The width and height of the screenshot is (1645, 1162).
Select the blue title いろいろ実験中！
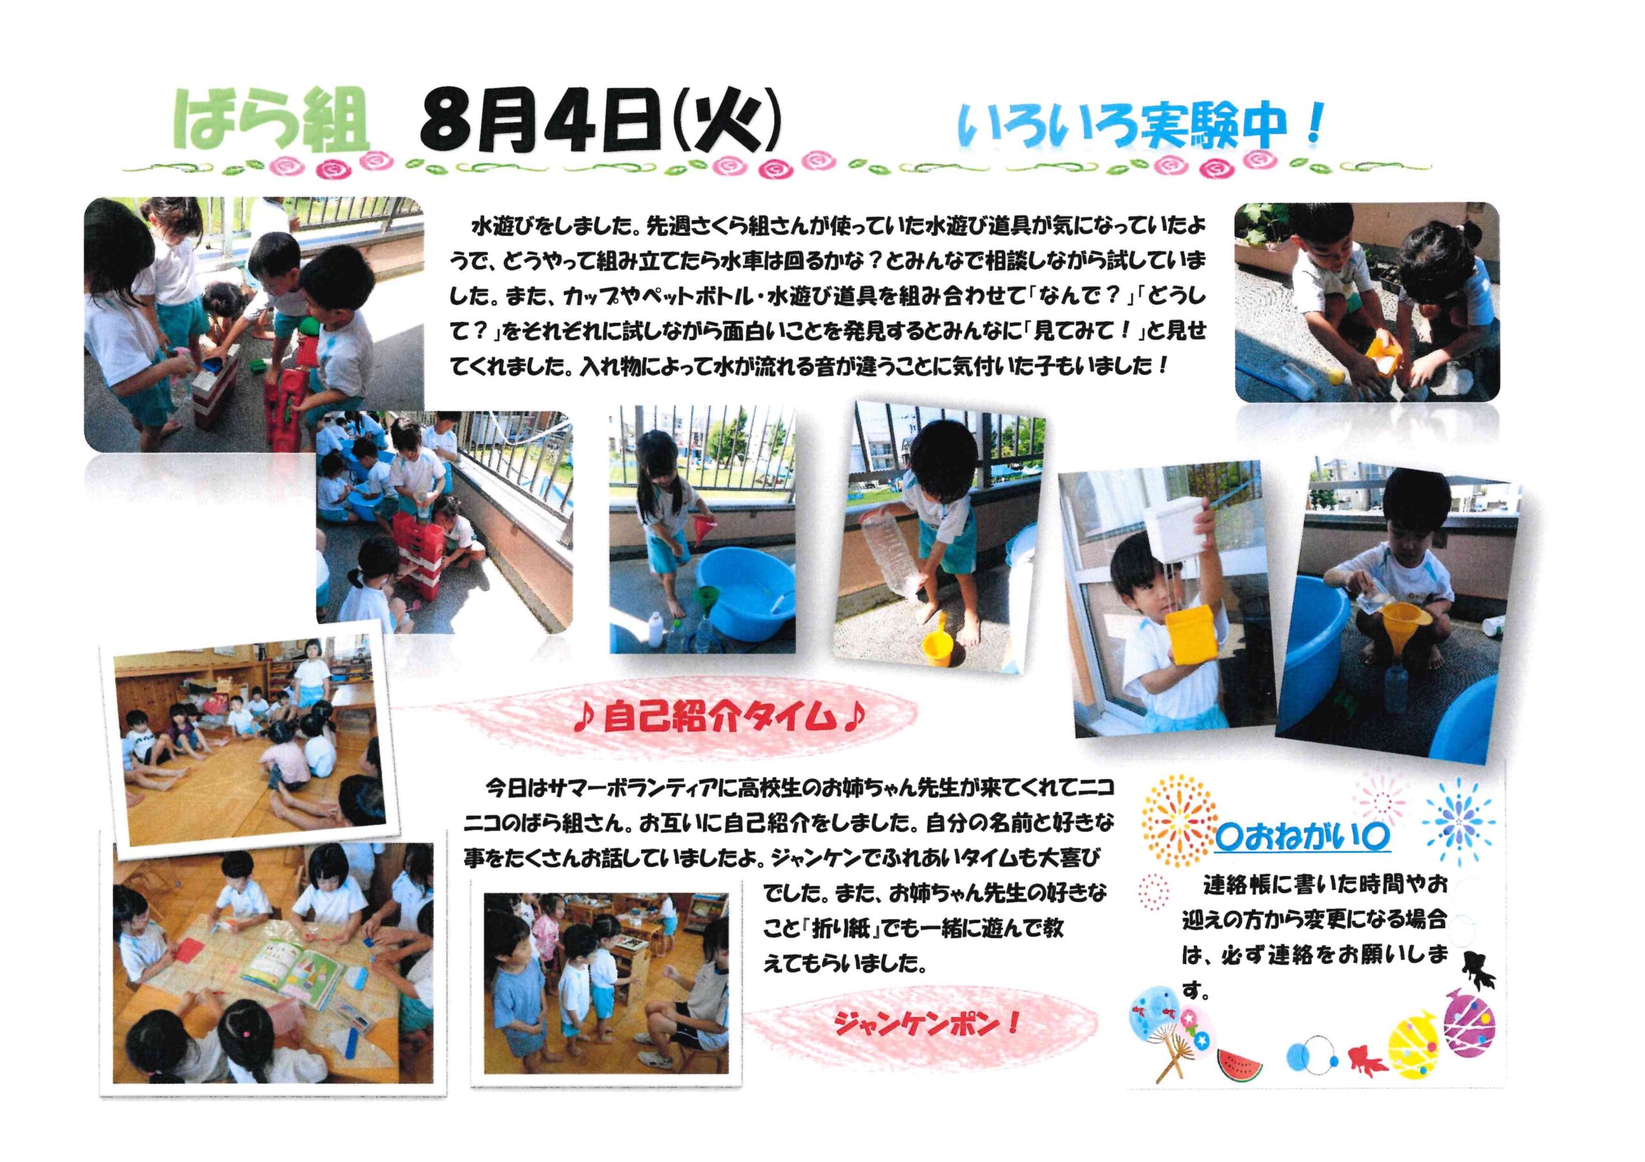click(1139, 126)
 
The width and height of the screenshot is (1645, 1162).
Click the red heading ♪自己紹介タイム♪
click(720, 716)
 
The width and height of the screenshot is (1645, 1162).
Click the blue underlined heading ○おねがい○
click(1302, 838)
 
